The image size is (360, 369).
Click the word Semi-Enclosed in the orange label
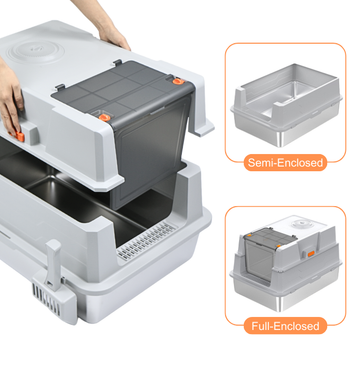point(285,163)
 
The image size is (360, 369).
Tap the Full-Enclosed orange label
point(285,325)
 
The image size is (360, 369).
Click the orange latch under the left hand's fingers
point(20,136)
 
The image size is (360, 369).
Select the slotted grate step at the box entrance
point(147,241)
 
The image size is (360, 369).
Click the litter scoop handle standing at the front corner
point(53,264)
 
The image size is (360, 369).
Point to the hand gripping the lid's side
point(11,100)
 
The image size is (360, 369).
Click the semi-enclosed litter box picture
point(287,104)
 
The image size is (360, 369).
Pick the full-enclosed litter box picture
point(287,263)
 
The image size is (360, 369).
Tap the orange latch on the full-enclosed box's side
point(311,254)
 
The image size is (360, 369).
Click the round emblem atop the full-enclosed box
point(302,223)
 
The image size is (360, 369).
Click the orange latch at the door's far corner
point(178,81)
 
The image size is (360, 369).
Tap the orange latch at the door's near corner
point(105,117)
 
